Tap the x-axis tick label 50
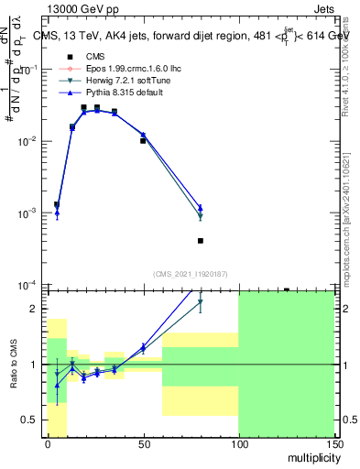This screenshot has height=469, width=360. pyautogui.click(x=143, y=445)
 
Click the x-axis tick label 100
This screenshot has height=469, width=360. pyautogui.click(x=238, y=445)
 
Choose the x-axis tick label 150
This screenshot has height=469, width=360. pyautogui.click(x=333, y=445)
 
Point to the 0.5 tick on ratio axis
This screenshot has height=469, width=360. pyautogui.click(x=31, y=420)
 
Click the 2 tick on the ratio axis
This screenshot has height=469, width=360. pyautogui.click(x=35, y=309)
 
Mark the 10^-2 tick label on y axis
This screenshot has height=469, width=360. pyautogui.click(x=27, y=141)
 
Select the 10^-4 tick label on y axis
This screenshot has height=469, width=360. pyautogui.click(x=27, y=285)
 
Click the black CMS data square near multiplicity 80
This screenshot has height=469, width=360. pyautogui.click(x=201, y=241)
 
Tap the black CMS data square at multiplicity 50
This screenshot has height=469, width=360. pyautogui.click(x=143, y=141)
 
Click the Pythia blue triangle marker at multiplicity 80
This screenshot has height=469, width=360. pyautogui.click(x=201, y=208)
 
